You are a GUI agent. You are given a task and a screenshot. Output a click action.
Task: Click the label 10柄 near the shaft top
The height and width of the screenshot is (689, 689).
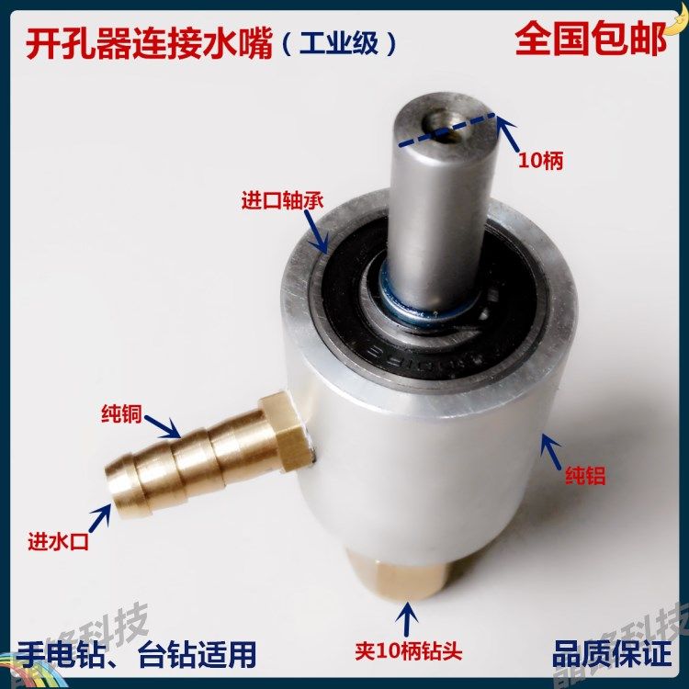(x=540, y=161)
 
